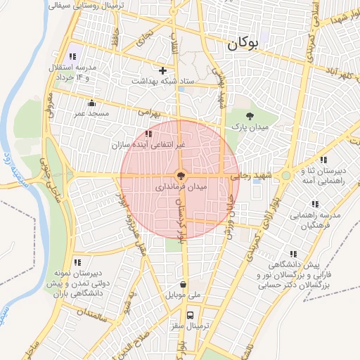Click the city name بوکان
(x=243, y=44)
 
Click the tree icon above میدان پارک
(x=250, y=115)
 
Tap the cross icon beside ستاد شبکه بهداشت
(x=163, y=70)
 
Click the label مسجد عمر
(x=91, y=112)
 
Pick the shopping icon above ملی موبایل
(x=184, y=285)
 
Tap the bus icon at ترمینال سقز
(x=190, y=314)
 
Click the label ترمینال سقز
(x=190, y=327)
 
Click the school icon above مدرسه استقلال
(x=72, y=56)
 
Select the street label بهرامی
(x=150, y=111)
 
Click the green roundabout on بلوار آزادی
(x=287, y=175)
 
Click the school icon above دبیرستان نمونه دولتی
(x=76, y=262)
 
